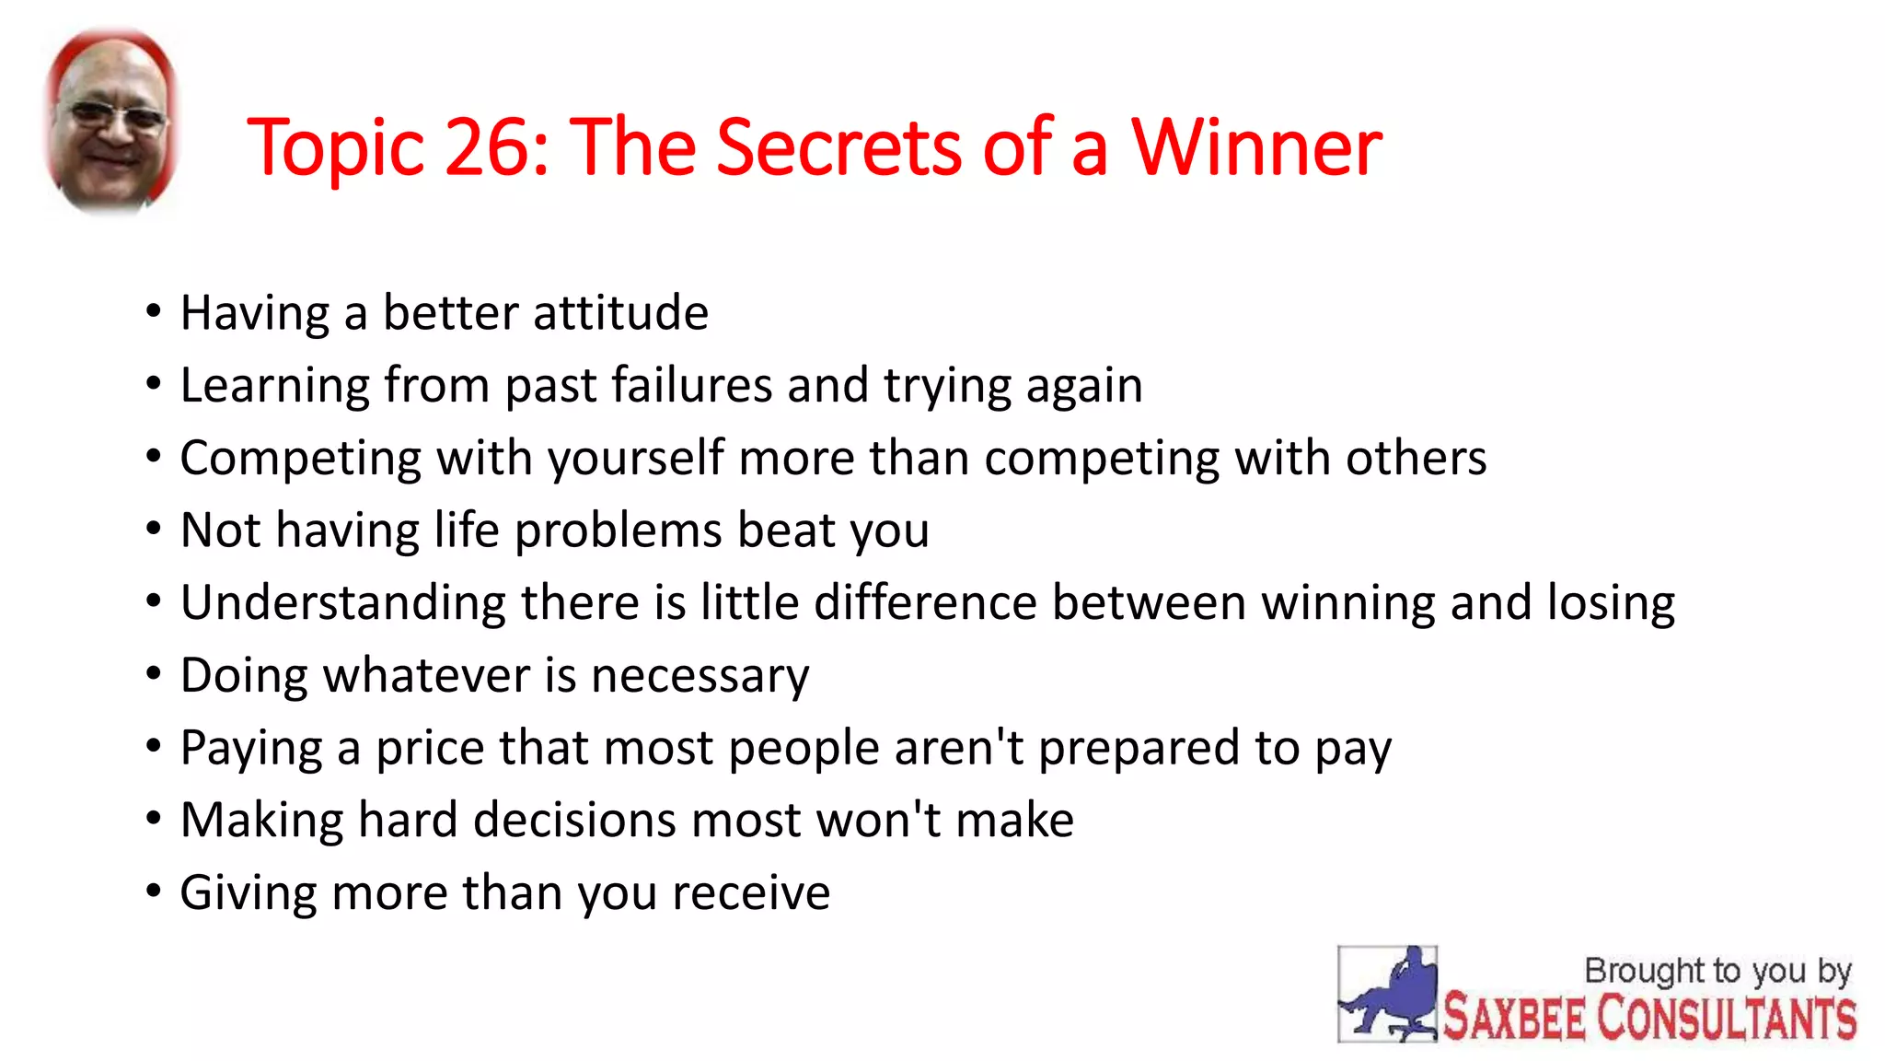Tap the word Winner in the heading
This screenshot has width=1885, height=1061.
coord(1255,147)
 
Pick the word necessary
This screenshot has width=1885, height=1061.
coord(700,676)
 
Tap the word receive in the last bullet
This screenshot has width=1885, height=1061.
coord(751,893)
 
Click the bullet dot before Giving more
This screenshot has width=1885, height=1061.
coord(154,892)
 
